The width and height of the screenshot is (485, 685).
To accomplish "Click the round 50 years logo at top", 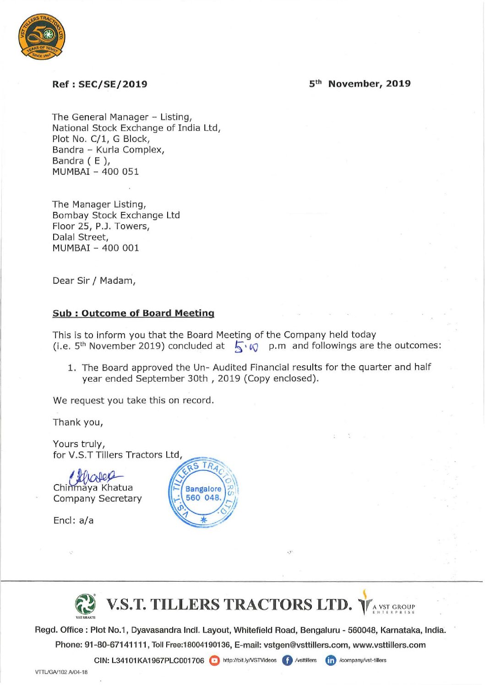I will (42, 37).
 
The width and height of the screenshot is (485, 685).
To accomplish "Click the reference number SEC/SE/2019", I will (113, 84).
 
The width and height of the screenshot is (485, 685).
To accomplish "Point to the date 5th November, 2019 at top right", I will (360, 84).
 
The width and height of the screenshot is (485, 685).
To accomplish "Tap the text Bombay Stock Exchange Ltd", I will (116, 215).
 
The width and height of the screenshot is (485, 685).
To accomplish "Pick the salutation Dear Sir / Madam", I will (94, 280).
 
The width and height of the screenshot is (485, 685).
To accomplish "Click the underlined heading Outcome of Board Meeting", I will (147, 313).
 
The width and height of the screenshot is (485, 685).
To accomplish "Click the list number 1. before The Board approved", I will (72, 367).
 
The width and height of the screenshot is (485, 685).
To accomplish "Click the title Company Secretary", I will (97, 498).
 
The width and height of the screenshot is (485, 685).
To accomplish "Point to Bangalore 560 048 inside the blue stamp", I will (203, 493).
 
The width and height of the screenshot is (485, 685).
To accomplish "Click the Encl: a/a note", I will (73, 520).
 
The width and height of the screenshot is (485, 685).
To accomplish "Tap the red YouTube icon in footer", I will (214, 660).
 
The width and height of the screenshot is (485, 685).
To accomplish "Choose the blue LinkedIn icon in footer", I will (331, 660).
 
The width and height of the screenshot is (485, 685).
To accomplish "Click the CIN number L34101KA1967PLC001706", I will (158, 660).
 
